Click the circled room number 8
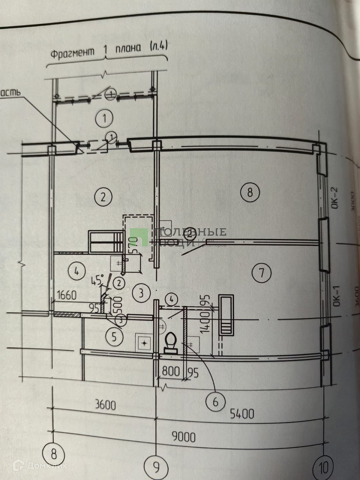[250, 192]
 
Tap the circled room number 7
[261, 273]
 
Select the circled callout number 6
[215, 402]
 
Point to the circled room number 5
[114, 337]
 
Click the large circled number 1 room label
[104, 118]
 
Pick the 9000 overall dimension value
[184, 437]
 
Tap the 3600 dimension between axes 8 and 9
[105, 405]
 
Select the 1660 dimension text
[67, 295]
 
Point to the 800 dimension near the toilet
[171, 371]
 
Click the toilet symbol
[171, 343]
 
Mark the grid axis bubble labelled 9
[156, 467]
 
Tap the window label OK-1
[336, 296]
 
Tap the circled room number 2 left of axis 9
[103, 197]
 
